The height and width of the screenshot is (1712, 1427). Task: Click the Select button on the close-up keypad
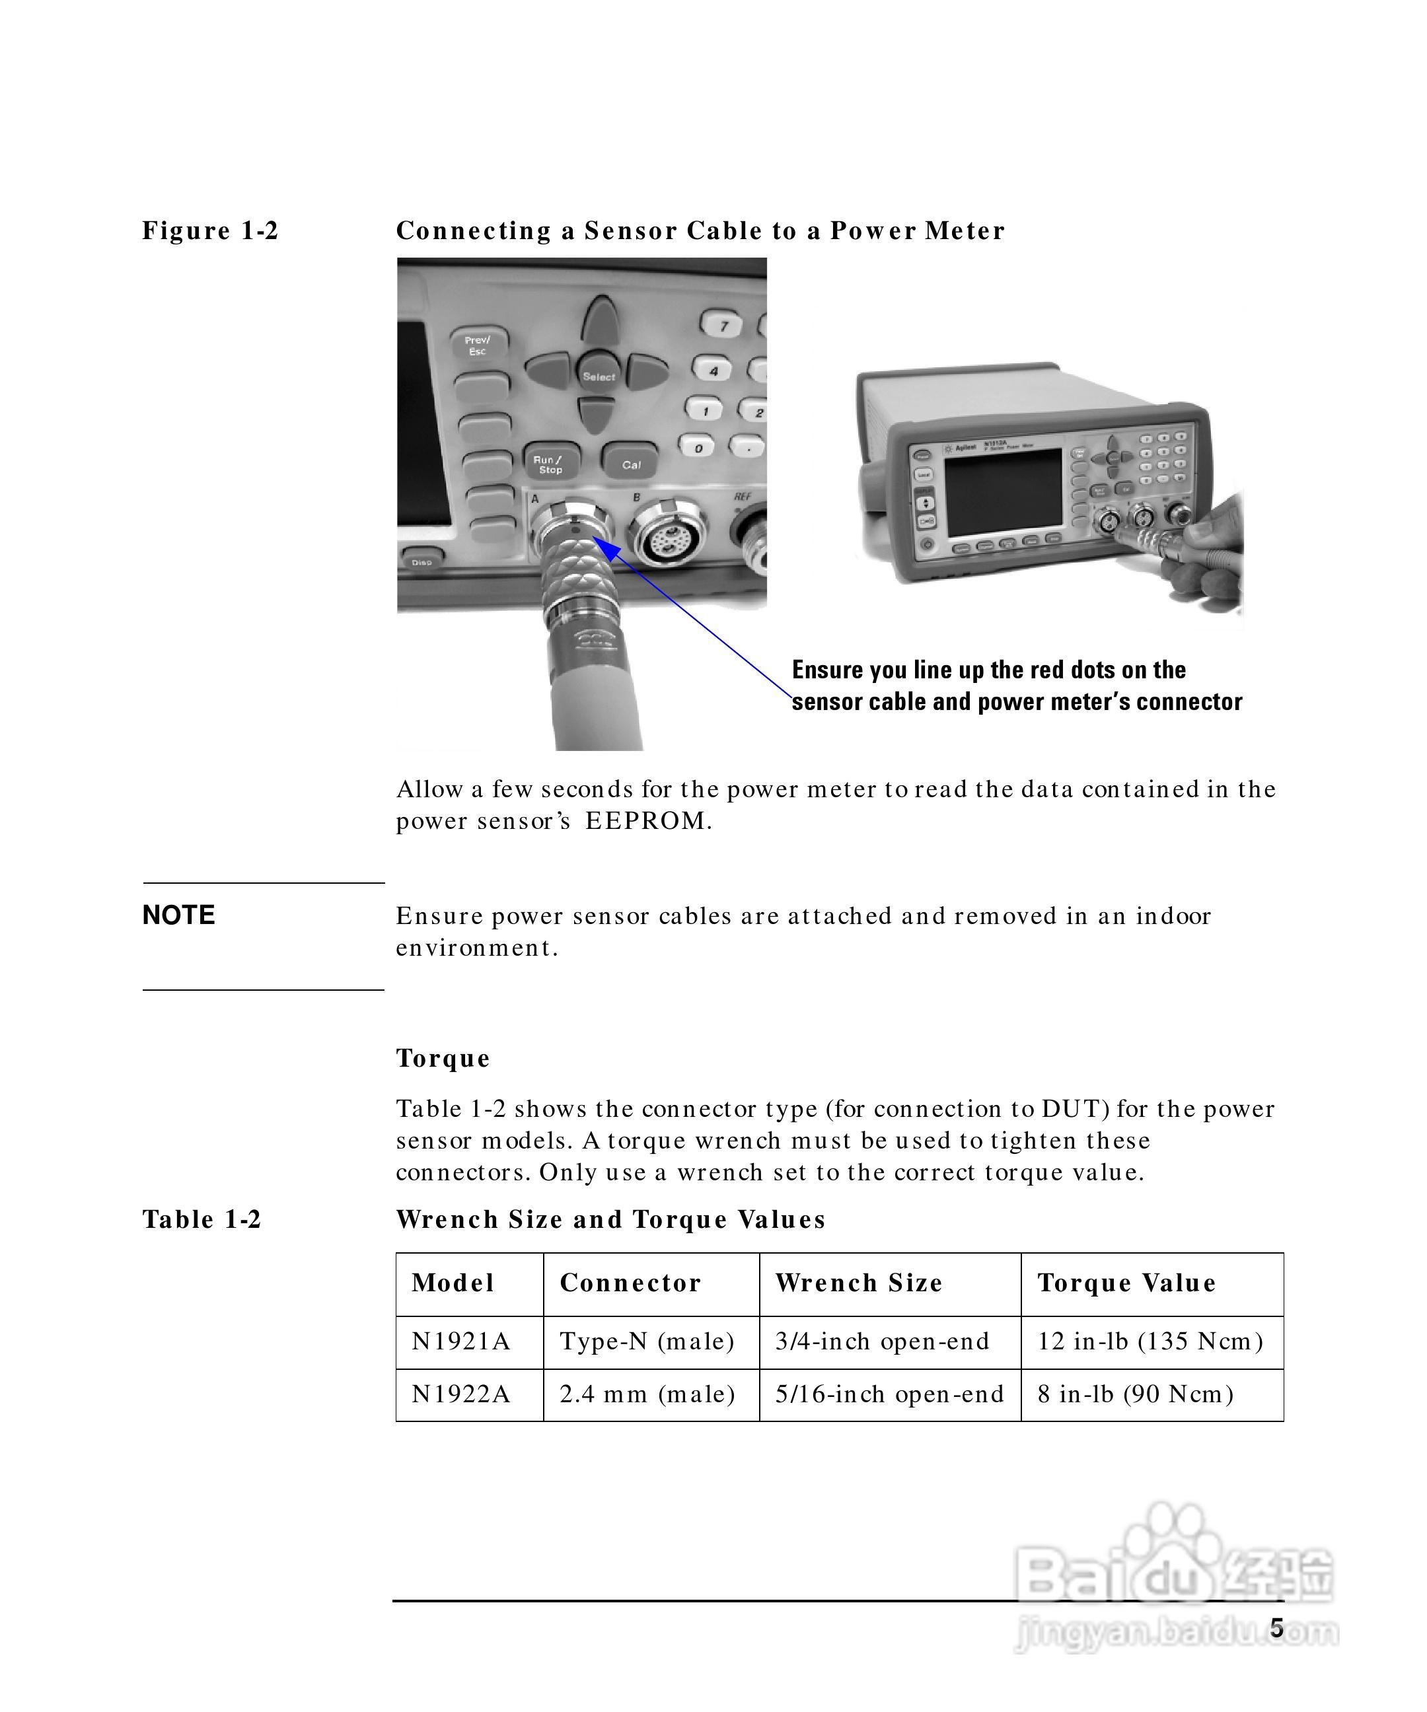click(599, 376)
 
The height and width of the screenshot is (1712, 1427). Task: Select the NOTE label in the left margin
click(178, 915)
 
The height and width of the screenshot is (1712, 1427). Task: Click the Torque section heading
click(443, 1058)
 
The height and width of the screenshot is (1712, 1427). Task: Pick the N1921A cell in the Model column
click(460, 1341)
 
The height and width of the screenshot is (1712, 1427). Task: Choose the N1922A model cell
click(460, 1394)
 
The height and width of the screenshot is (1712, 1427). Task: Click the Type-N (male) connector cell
click(647, 1341)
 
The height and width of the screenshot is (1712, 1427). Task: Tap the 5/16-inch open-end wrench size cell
click(889, 1394)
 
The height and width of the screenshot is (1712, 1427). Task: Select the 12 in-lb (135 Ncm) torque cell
click(1150, 1341)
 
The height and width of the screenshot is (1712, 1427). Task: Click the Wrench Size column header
click(859, 1283)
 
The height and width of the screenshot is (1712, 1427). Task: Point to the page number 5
click(1277, 1629)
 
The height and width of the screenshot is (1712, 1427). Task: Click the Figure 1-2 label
click(210, 231)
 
